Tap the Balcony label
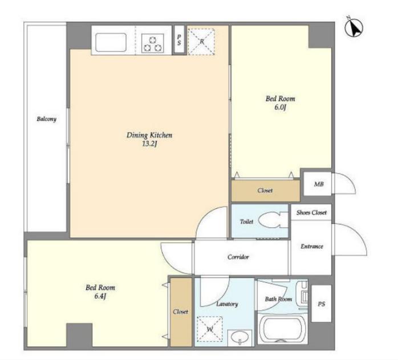click(46, 119)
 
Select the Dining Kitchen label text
click(149, 135)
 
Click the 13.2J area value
click(149, 144)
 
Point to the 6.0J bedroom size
click(280, 107)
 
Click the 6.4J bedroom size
click(100, 296)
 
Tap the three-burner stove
click(152, 43)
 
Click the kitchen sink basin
click(111, 42)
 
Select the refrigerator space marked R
click(201, 42)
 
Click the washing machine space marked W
click(210, 329)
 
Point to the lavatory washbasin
click(239, 338)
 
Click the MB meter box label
click(319, 184)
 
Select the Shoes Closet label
click(311, 212)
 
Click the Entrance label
click(312, 246)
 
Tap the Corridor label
click(238, 257)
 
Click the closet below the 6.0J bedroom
click(266, 191)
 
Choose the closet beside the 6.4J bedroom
click(181, 312)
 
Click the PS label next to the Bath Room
click(322, 304)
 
